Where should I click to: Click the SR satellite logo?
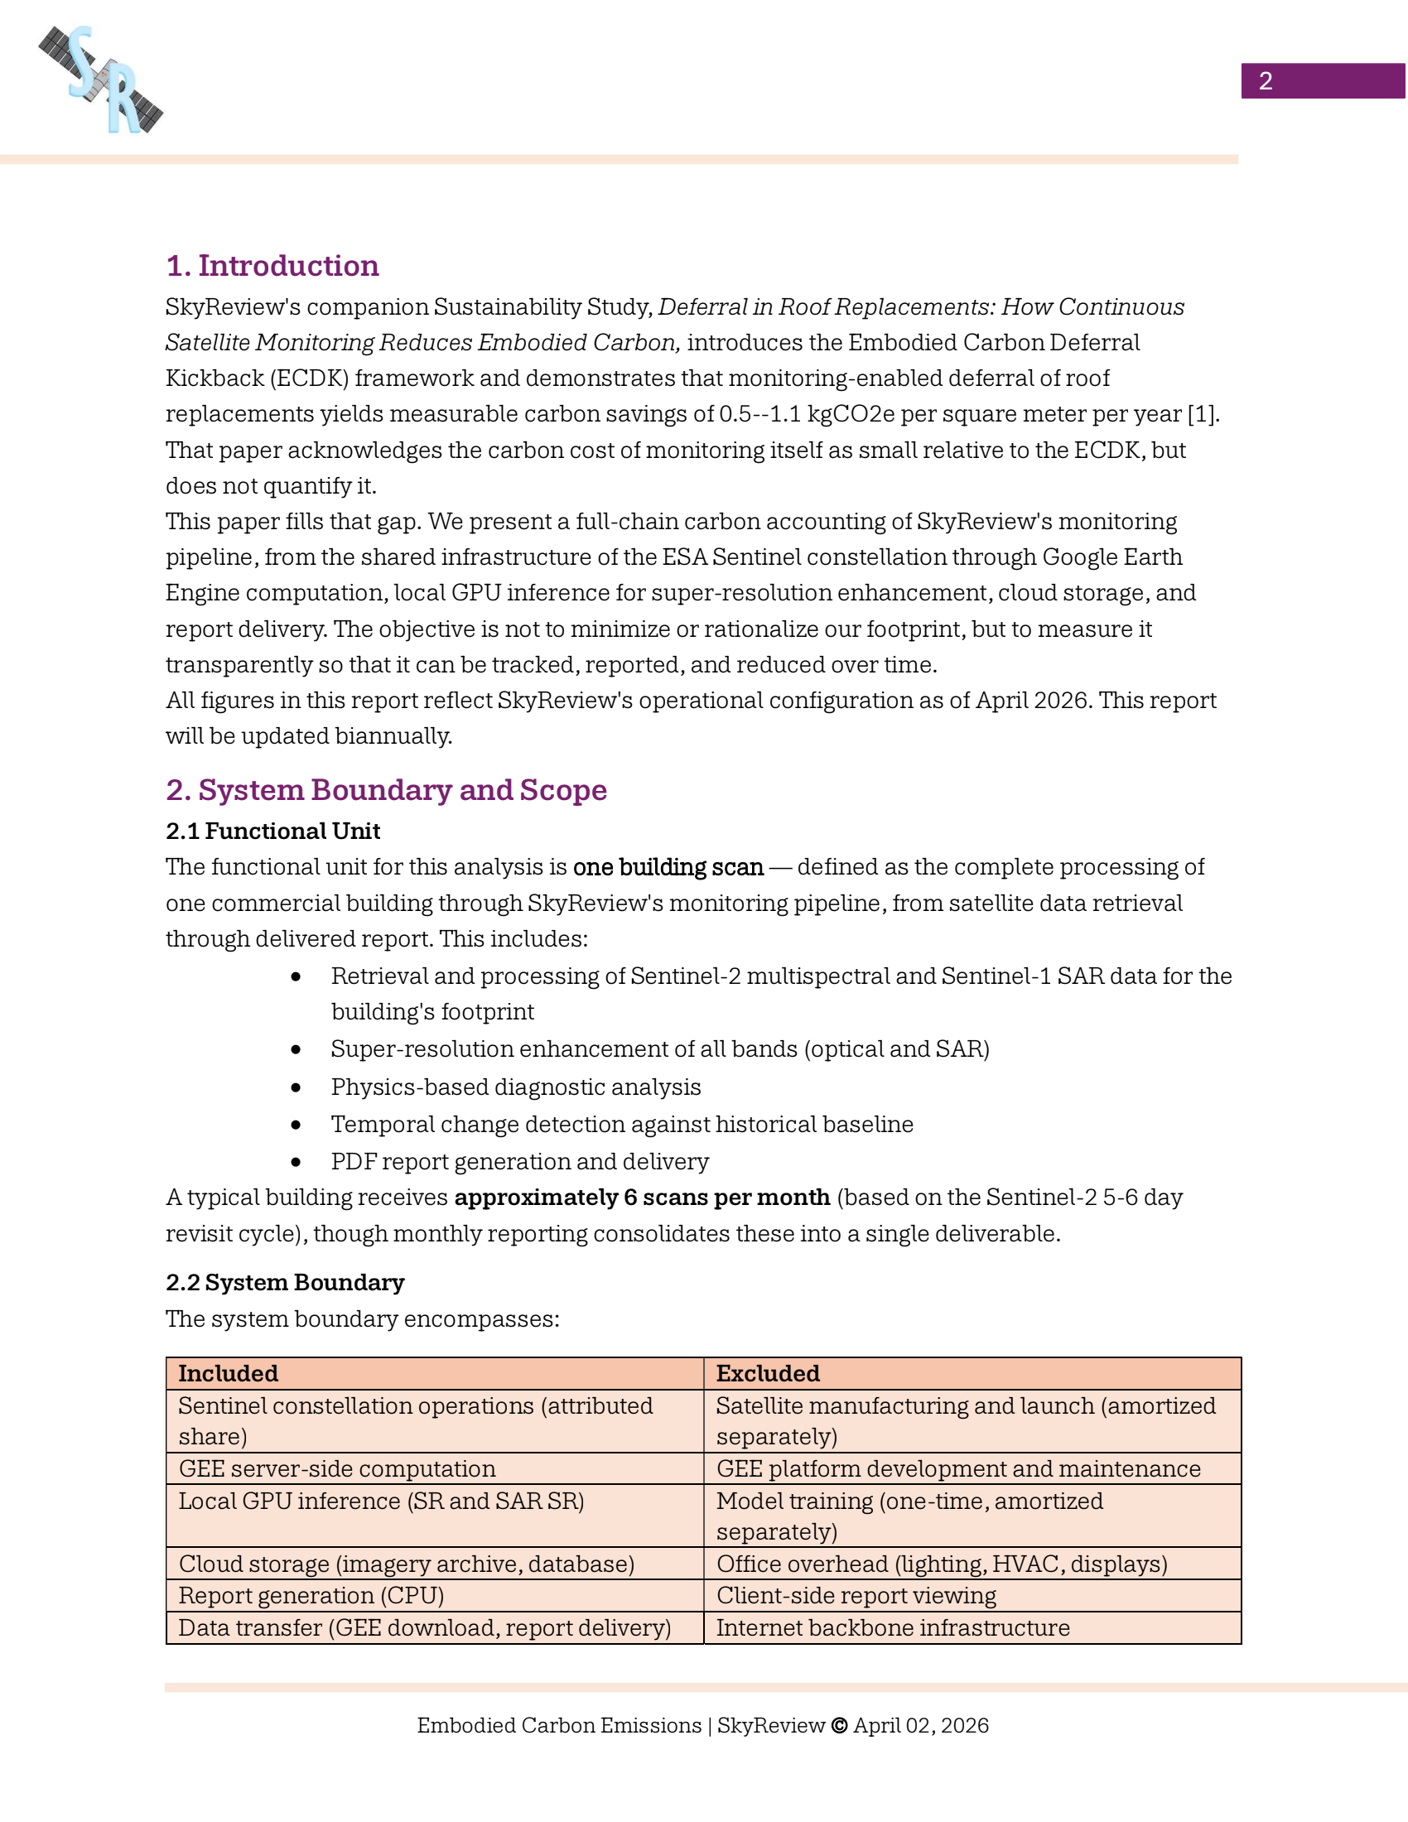tap(101, 80)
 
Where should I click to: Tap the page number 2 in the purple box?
tap(1265, 81)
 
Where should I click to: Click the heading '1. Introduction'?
tap(272, 265)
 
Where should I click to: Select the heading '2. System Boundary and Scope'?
tap(386, 789)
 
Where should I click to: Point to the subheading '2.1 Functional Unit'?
tap(272, 831)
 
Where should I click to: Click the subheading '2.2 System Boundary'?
tap(284, 1282)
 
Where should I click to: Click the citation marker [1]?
tap(1202, 414)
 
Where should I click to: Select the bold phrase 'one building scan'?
tap(668, 868)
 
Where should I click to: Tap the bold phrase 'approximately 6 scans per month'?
tap(641, 1198)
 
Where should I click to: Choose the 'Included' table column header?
tap(229, 1373)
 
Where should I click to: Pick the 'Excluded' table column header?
tap(768, 1373)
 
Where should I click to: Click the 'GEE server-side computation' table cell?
tap(337, 1468)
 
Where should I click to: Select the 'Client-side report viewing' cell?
tap(856, 1595)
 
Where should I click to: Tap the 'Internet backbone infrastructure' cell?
tap(893, 1627)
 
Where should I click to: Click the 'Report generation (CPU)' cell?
tap(311, 1595)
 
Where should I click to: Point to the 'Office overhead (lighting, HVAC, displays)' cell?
tap(942, 1564)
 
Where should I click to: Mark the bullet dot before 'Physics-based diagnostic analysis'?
tap(297, 1087)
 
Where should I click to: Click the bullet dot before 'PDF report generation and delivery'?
tap(297, 1161)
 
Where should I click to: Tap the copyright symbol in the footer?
tap(839, 1725)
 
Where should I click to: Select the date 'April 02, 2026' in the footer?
tap(921, 1725)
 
